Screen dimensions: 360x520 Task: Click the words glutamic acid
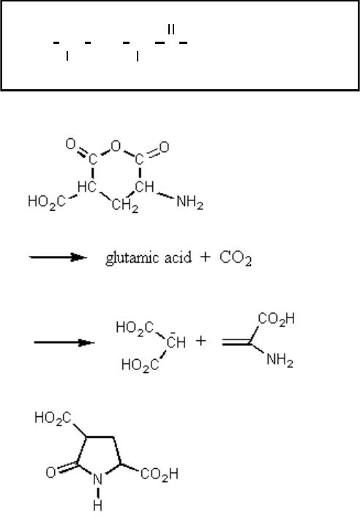(149, 257)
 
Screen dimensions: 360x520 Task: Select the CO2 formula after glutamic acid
(236, 258)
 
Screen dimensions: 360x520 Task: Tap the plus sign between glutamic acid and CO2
(206, 257)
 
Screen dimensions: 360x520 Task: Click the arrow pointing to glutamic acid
(58, 257)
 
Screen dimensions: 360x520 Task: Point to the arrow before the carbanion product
(64, 342)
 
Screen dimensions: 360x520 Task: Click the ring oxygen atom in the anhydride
(116, 146)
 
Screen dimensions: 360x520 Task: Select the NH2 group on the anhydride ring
(190, 201)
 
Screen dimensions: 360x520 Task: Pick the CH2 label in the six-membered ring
(125, 205)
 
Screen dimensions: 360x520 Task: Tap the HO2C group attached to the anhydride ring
(46, 201)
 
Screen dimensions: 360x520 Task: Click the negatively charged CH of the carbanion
(176, 342)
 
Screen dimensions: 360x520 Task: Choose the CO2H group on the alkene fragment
(276, 319)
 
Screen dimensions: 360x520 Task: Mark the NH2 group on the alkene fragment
(280, 360)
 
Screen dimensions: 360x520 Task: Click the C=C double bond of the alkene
(236, 342)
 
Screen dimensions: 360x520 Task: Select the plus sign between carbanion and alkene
(200, 341)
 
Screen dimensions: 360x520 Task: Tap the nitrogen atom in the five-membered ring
(97, 479)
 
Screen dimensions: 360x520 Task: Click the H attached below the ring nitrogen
(97, 505)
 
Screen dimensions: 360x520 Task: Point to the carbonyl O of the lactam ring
(50, 472)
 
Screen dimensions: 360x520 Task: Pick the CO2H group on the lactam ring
(160, 474)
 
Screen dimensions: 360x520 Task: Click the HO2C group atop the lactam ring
(53, 418)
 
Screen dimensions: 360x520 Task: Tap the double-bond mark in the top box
(171, 29)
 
